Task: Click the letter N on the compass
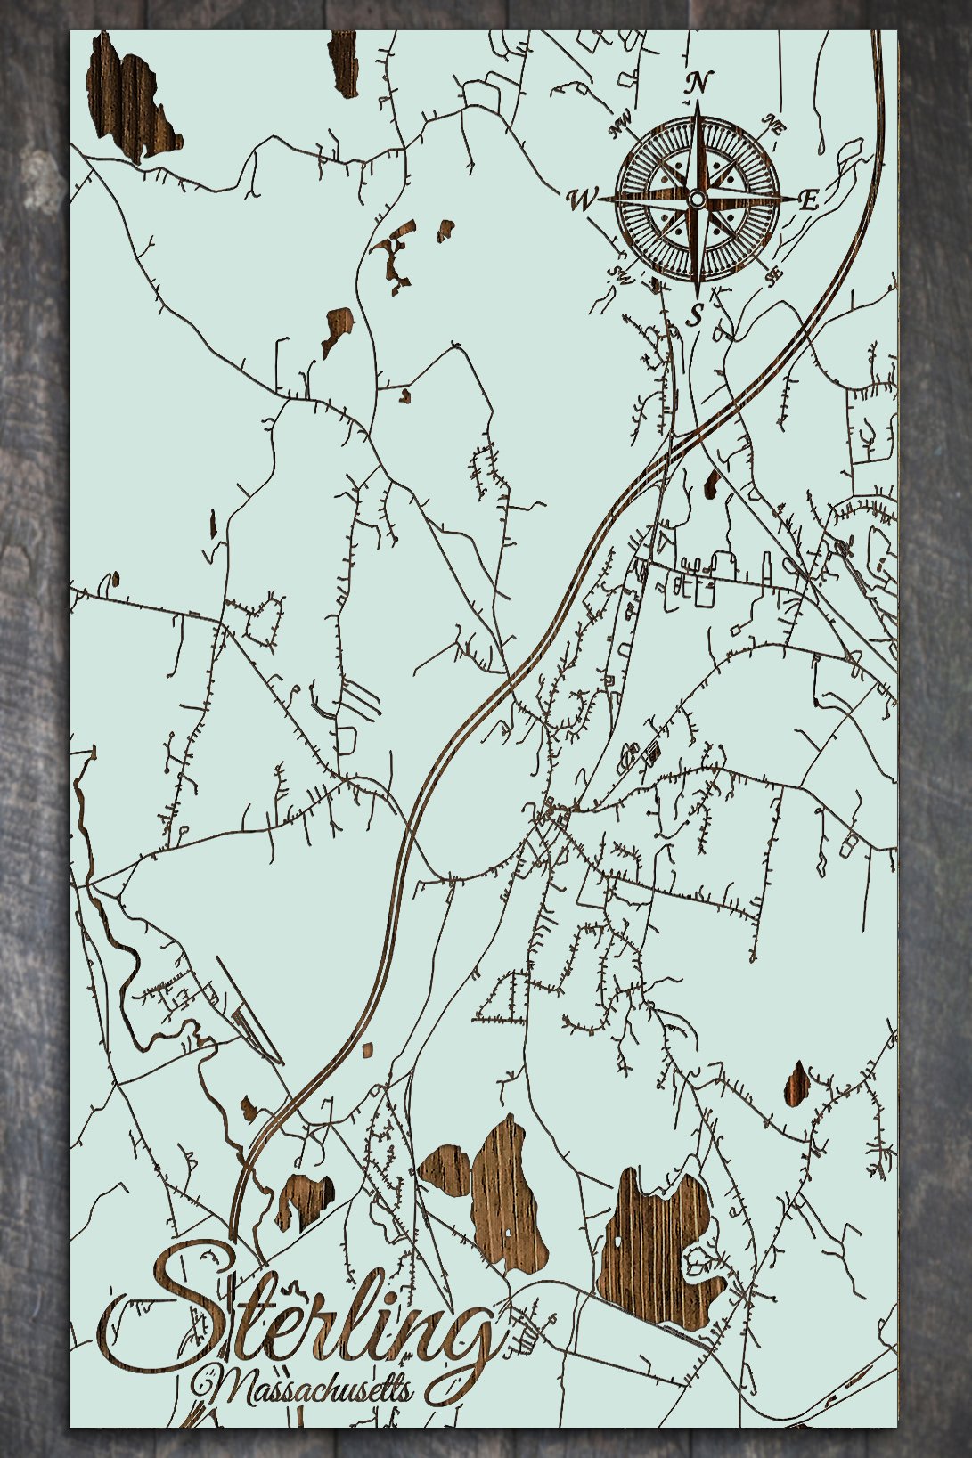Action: click(x=699, y=83)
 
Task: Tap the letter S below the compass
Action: click(x=697, y=314)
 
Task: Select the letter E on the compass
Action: click(x=808, y=200)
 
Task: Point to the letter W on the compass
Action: click(x=580, y=200)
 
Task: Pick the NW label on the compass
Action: click(x=619, y=126)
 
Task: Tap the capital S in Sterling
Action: click(x=183, y=1309)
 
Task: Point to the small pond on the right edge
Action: click(x=796, y=1083)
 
